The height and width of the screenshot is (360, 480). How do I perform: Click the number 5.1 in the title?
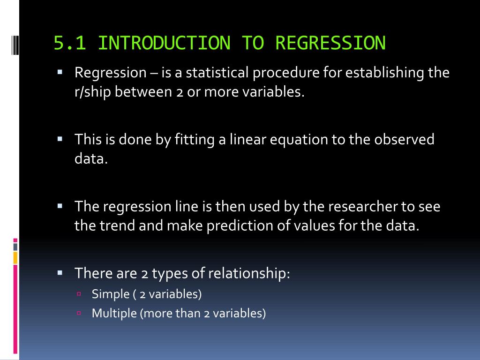(x=70, y=43)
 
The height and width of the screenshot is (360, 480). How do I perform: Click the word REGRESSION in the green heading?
(x=330, y=43)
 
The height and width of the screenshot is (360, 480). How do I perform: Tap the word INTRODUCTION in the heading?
(x=165, y=43)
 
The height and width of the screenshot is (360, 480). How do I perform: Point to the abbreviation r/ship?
(x=92, y=92)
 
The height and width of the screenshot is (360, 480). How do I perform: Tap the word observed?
(x=404, y=139)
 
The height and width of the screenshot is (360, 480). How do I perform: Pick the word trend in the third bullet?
(x=118, y=225)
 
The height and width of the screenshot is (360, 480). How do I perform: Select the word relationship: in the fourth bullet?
(x=249, y=273)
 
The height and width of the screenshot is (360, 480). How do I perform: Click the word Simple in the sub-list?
(x=111, y=294)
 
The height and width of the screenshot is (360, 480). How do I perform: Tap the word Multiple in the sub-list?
(x=114, y=313)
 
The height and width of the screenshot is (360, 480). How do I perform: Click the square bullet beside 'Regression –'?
(x=60, y=72)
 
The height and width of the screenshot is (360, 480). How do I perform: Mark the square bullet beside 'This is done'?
(x=60, y=139)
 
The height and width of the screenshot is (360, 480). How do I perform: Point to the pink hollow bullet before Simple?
(x=79, y=294)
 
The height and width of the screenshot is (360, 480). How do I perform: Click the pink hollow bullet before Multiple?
(x=79, y=313)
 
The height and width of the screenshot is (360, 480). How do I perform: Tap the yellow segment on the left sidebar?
(x=15, y=258)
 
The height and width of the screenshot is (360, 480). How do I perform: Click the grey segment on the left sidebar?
(x=15, y=247)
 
